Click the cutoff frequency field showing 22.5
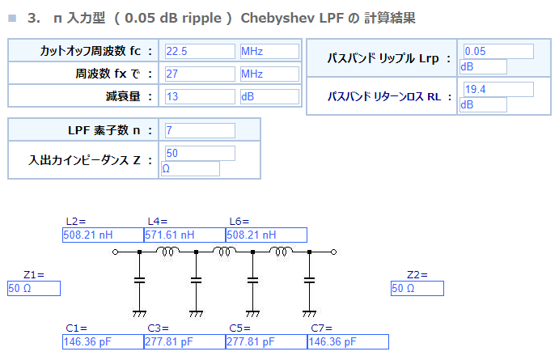(x=200, y=51)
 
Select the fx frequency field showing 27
(x=200, y=74)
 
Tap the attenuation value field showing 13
(x=200, y=96)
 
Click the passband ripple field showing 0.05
(x=498, y=51)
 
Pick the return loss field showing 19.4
(x=498, y=89)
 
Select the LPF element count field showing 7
(x=200, y=130)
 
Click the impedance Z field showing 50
(x=200, y=153)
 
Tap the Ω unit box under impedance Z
(x=190, y=168)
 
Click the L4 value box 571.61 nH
(x=184, y=235)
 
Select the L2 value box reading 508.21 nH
(x=103, y=235)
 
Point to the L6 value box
(x=266, y=235)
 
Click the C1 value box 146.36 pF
(x=103, y=342)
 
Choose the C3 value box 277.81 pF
(x=184, y=342)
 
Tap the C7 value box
(x=348, y=342)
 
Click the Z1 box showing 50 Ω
(x=34, y=288)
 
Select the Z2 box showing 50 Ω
(x=417, y=288)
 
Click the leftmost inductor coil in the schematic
(x=167, y=252)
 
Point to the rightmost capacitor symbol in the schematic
(x=309, y=281)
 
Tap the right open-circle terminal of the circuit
(x=333, y=252)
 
